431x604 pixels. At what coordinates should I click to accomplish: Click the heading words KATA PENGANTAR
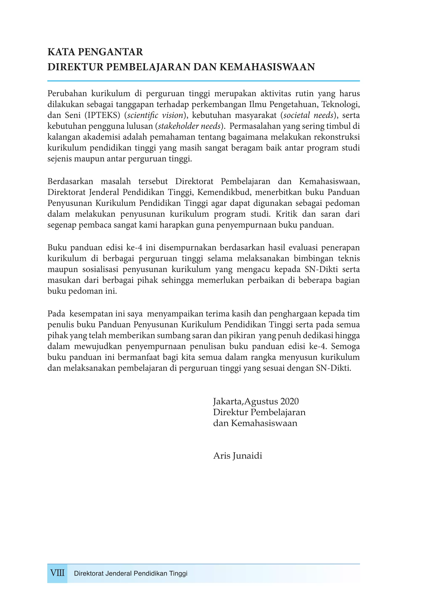[95, 52]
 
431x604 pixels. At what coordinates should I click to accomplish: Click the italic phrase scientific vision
[155, 115]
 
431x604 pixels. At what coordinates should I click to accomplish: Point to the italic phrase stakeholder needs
[189, 126]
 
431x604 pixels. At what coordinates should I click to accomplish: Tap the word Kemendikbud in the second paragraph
[224, 192]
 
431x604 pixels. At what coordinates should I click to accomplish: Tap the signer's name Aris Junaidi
[238, 456]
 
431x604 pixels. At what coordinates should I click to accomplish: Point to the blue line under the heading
[203, 81]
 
